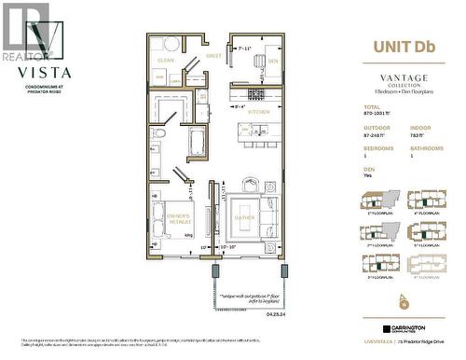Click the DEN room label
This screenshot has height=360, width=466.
272,62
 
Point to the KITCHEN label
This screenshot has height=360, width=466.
259,112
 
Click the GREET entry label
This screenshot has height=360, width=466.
213,55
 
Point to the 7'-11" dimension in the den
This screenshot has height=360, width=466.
246,48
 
